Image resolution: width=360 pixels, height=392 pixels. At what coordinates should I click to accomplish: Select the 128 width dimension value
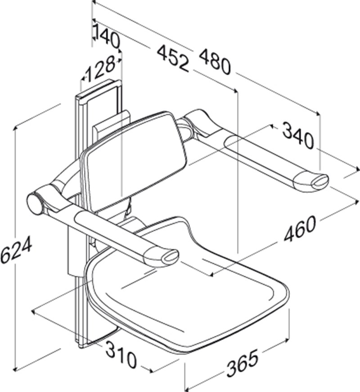100,70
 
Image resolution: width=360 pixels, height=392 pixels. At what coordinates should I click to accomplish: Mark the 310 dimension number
121,354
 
